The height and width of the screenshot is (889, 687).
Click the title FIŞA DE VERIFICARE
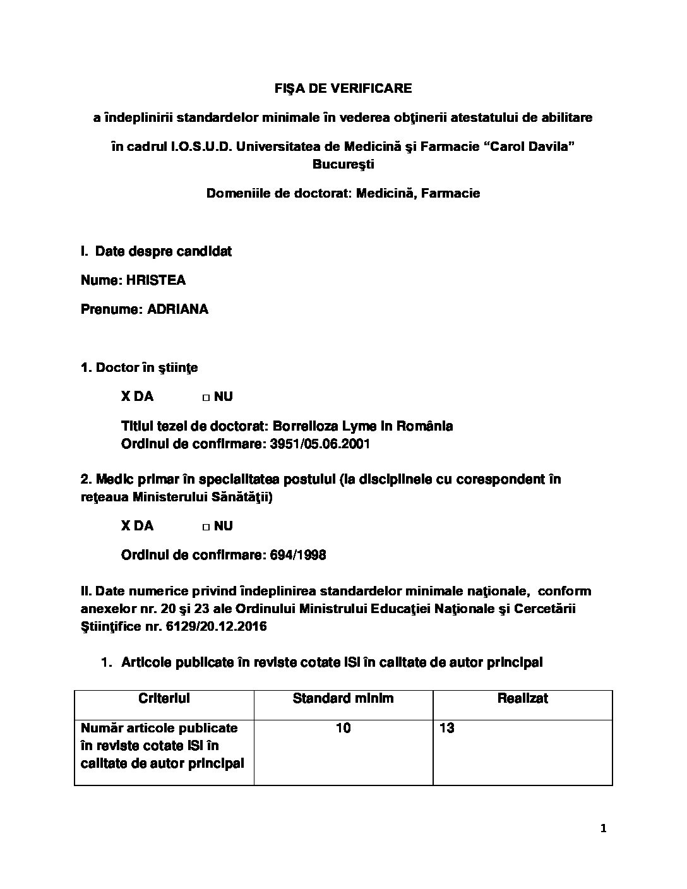(343, 88)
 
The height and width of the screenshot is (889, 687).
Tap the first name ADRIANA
(177, 309)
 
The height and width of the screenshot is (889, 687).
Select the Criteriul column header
(164, 698)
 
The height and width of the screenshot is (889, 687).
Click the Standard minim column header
(343, 698)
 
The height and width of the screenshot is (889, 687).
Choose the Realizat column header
(522, 698)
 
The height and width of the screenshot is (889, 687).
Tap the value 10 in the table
(343, 728)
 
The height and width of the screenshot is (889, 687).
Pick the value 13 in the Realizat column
(447, 728)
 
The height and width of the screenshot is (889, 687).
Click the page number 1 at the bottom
(603, 829)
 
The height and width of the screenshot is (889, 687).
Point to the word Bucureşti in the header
(343, 164)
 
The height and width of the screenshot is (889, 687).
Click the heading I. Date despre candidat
(156, 251)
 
